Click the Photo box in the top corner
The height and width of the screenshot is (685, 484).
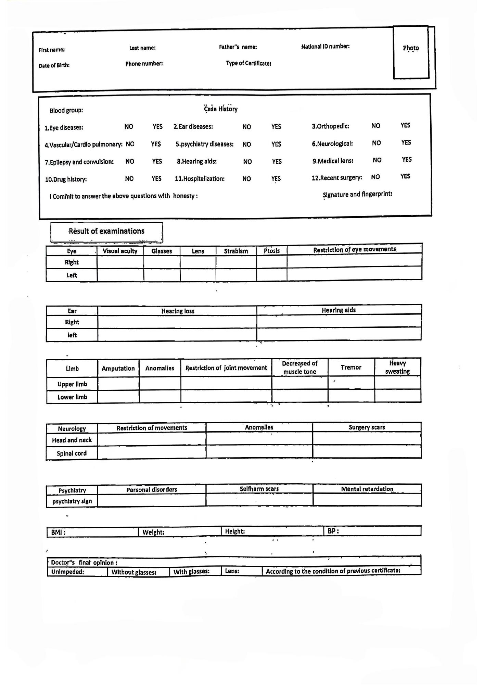(x=411, y=52)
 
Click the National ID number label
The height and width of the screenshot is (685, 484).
(x=325, y=46)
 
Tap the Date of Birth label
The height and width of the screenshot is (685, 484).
(x=54, y=65)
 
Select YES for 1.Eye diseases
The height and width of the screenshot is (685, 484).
(x=157, y=126)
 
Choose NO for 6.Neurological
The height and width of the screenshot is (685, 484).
(x=376, y=143)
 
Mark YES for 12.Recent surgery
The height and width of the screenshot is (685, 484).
(x=405, y=176)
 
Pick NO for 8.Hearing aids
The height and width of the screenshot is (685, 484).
(x=247, y=161)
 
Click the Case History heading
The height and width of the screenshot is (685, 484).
(x=221, y=109)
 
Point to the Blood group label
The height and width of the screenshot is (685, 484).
(x=66, y=110)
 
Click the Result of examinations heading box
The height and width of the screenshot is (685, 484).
(x=106, y=232)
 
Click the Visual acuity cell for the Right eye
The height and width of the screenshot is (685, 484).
(x=120, y=262)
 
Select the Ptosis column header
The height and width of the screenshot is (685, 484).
(x=272, y=251)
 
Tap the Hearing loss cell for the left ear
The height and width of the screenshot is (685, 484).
(x=177, y=335)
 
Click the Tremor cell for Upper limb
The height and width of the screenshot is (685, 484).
(x=351, y=383)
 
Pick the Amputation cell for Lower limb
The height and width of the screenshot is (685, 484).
(x=118, y=396)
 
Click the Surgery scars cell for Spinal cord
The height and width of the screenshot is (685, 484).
(x=367, y=452)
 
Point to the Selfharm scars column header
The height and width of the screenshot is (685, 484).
(x=259, y=489)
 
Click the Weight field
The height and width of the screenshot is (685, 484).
(x=180, y=532)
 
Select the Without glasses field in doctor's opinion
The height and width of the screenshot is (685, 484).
(x=138, y=572)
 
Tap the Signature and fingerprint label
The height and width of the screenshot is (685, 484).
(x=357, y=194)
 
